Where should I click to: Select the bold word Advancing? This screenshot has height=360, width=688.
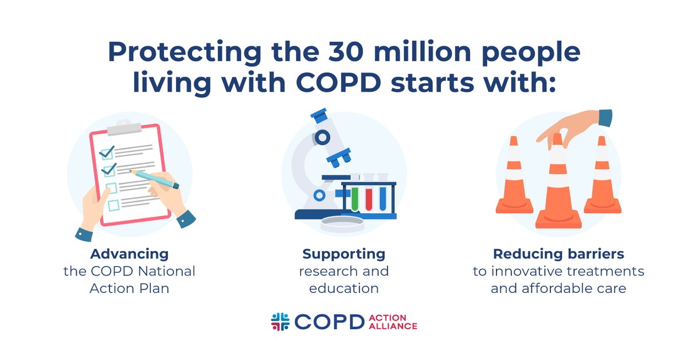point(129,253)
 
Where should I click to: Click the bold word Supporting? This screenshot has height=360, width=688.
point(344,253)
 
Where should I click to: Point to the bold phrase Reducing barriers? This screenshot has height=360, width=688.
point(558,253)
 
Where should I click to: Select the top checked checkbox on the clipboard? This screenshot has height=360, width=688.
point(107,152)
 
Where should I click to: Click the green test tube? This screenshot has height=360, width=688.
point(355,198)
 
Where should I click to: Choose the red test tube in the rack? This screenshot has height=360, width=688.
point(369,198)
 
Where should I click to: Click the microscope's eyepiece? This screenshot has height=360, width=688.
point(318,115)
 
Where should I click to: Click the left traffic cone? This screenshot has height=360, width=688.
point(514,178)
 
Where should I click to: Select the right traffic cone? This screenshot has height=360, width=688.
point(601,178)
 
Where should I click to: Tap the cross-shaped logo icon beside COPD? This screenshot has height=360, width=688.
point(280,322)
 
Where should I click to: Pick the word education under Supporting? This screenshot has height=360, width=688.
point(344,288)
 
